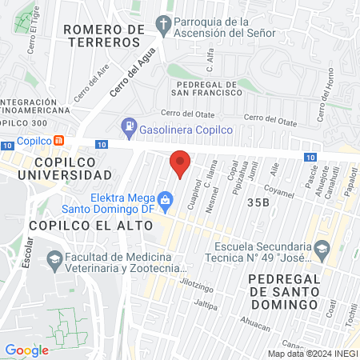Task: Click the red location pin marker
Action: point(180,162)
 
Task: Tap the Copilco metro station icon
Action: point(60,139)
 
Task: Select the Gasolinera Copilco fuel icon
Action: point(128,125)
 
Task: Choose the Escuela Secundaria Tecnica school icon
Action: point(322,247)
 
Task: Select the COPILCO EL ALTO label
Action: point(79,226)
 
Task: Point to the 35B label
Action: point(258,202)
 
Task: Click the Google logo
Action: point(27,350)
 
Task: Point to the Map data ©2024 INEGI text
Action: point(312,354)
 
